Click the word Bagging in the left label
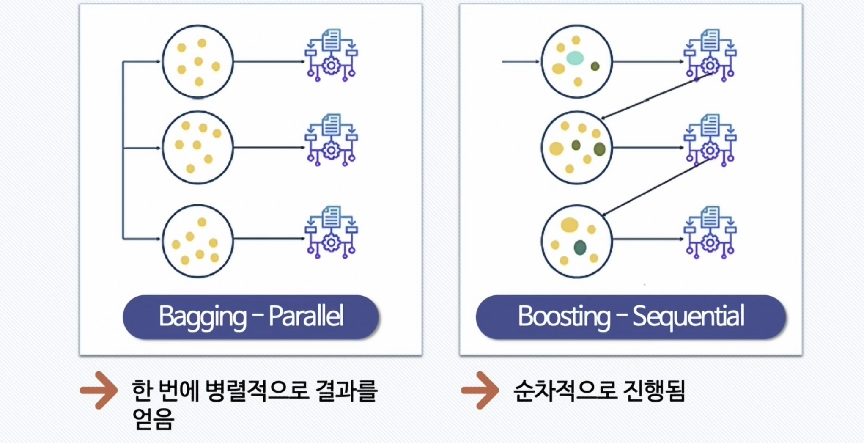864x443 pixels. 202,316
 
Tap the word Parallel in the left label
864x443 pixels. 306,316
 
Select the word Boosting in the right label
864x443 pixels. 564,316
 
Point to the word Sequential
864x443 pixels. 688,316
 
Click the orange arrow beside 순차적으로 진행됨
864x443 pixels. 480,390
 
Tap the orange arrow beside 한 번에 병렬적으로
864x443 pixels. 99,390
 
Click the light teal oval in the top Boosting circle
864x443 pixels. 575,58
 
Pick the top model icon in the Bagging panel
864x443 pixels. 331,55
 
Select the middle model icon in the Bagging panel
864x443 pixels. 331,140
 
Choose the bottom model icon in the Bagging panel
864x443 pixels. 331,232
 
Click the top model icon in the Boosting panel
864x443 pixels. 710,55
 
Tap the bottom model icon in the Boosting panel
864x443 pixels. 710,232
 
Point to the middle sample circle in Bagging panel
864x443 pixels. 198,147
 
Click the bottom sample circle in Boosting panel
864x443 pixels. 577,241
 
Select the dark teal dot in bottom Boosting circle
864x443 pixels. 580,248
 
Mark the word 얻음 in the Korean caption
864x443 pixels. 153,419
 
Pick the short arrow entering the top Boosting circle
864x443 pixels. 520,61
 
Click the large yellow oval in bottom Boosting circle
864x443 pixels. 570,225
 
